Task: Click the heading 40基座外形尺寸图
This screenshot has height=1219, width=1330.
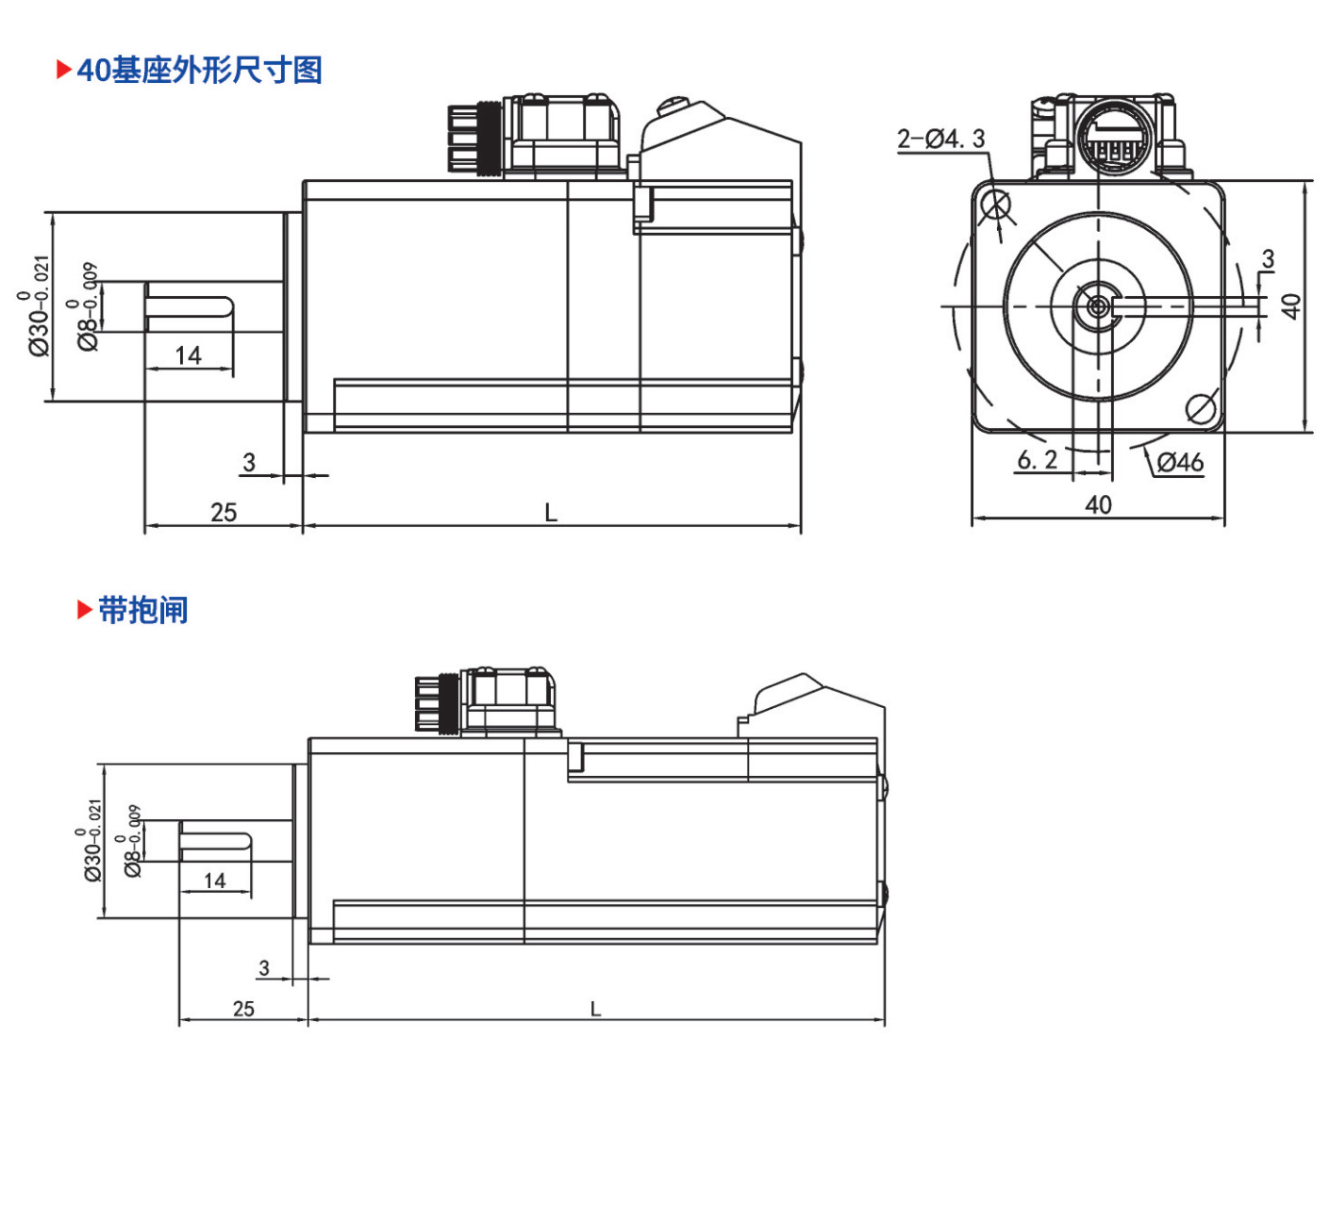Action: click(x=200, y=71)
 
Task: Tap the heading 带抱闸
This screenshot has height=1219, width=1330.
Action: click(x=143, y=610)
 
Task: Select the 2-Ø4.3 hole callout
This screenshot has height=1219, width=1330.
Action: click(x=940, y=140)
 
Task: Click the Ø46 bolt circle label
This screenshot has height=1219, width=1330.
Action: click(x=1180, y=462)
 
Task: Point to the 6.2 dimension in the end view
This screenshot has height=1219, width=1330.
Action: click(x=1038, y=459)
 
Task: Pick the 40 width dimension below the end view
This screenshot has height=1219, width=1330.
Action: click(x=1098, y=505)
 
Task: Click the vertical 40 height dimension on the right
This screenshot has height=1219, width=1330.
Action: click(x=1291, y=306)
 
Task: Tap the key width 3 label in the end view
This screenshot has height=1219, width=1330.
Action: click(x=1268, y=258)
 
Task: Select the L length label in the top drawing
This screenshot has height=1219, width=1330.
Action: click(x=550, y=512)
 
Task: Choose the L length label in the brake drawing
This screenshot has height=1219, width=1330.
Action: click(x=595, y=1009)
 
